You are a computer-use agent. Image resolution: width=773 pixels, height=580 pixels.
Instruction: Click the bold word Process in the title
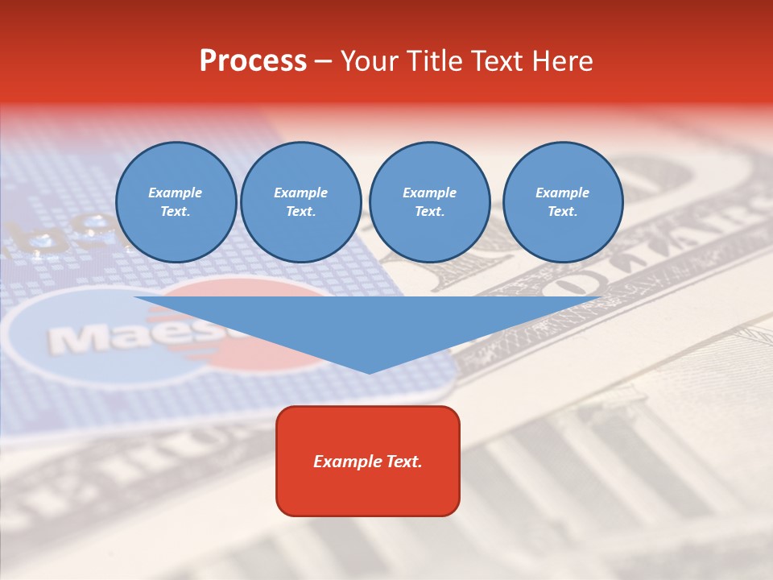pyautogui.click(x=253, y=61)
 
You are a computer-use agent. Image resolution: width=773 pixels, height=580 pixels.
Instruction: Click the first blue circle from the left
pyautogui.click(x=176, y=201)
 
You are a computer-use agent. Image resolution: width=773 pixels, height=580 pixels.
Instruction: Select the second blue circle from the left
pyautogui.click(x=300, y=201)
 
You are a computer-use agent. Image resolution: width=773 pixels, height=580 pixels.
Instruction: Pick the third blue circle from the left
pyautogui.click(x=429, y=201)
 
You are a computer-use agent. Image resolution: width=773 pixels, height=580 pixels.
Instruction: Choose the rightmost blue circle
pyautogui.click(x=562, y=201)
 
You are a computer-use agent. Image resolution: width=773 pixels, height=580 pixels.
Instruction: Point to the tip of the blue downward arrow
pyautogui.click(x=369, y=372)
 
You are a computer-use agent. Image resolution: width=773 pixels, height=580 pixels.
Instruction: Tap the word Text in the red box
pyautogui.click(x=402, y=462)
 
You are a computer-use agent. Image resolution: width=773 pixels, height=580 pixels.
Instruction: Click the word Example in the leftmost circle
pyautogui.click(x=176, y=193)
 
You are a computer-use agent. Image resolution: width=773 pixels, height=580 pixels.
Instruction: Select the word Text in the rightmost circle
pyautogui.click(x=562, y=211)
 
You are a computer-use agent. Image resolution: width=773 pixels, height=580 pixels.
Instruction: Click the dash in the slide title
pyautogui.click(x=323, y=62)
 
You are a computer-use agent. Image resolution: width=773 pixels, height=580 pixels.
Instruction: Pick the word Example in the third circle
pyautogui.click(x=429, y=193)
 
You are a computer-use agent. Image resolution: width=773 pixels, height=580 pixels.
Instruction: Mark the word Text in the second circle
pyautogui.click(x=300, y=211)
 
